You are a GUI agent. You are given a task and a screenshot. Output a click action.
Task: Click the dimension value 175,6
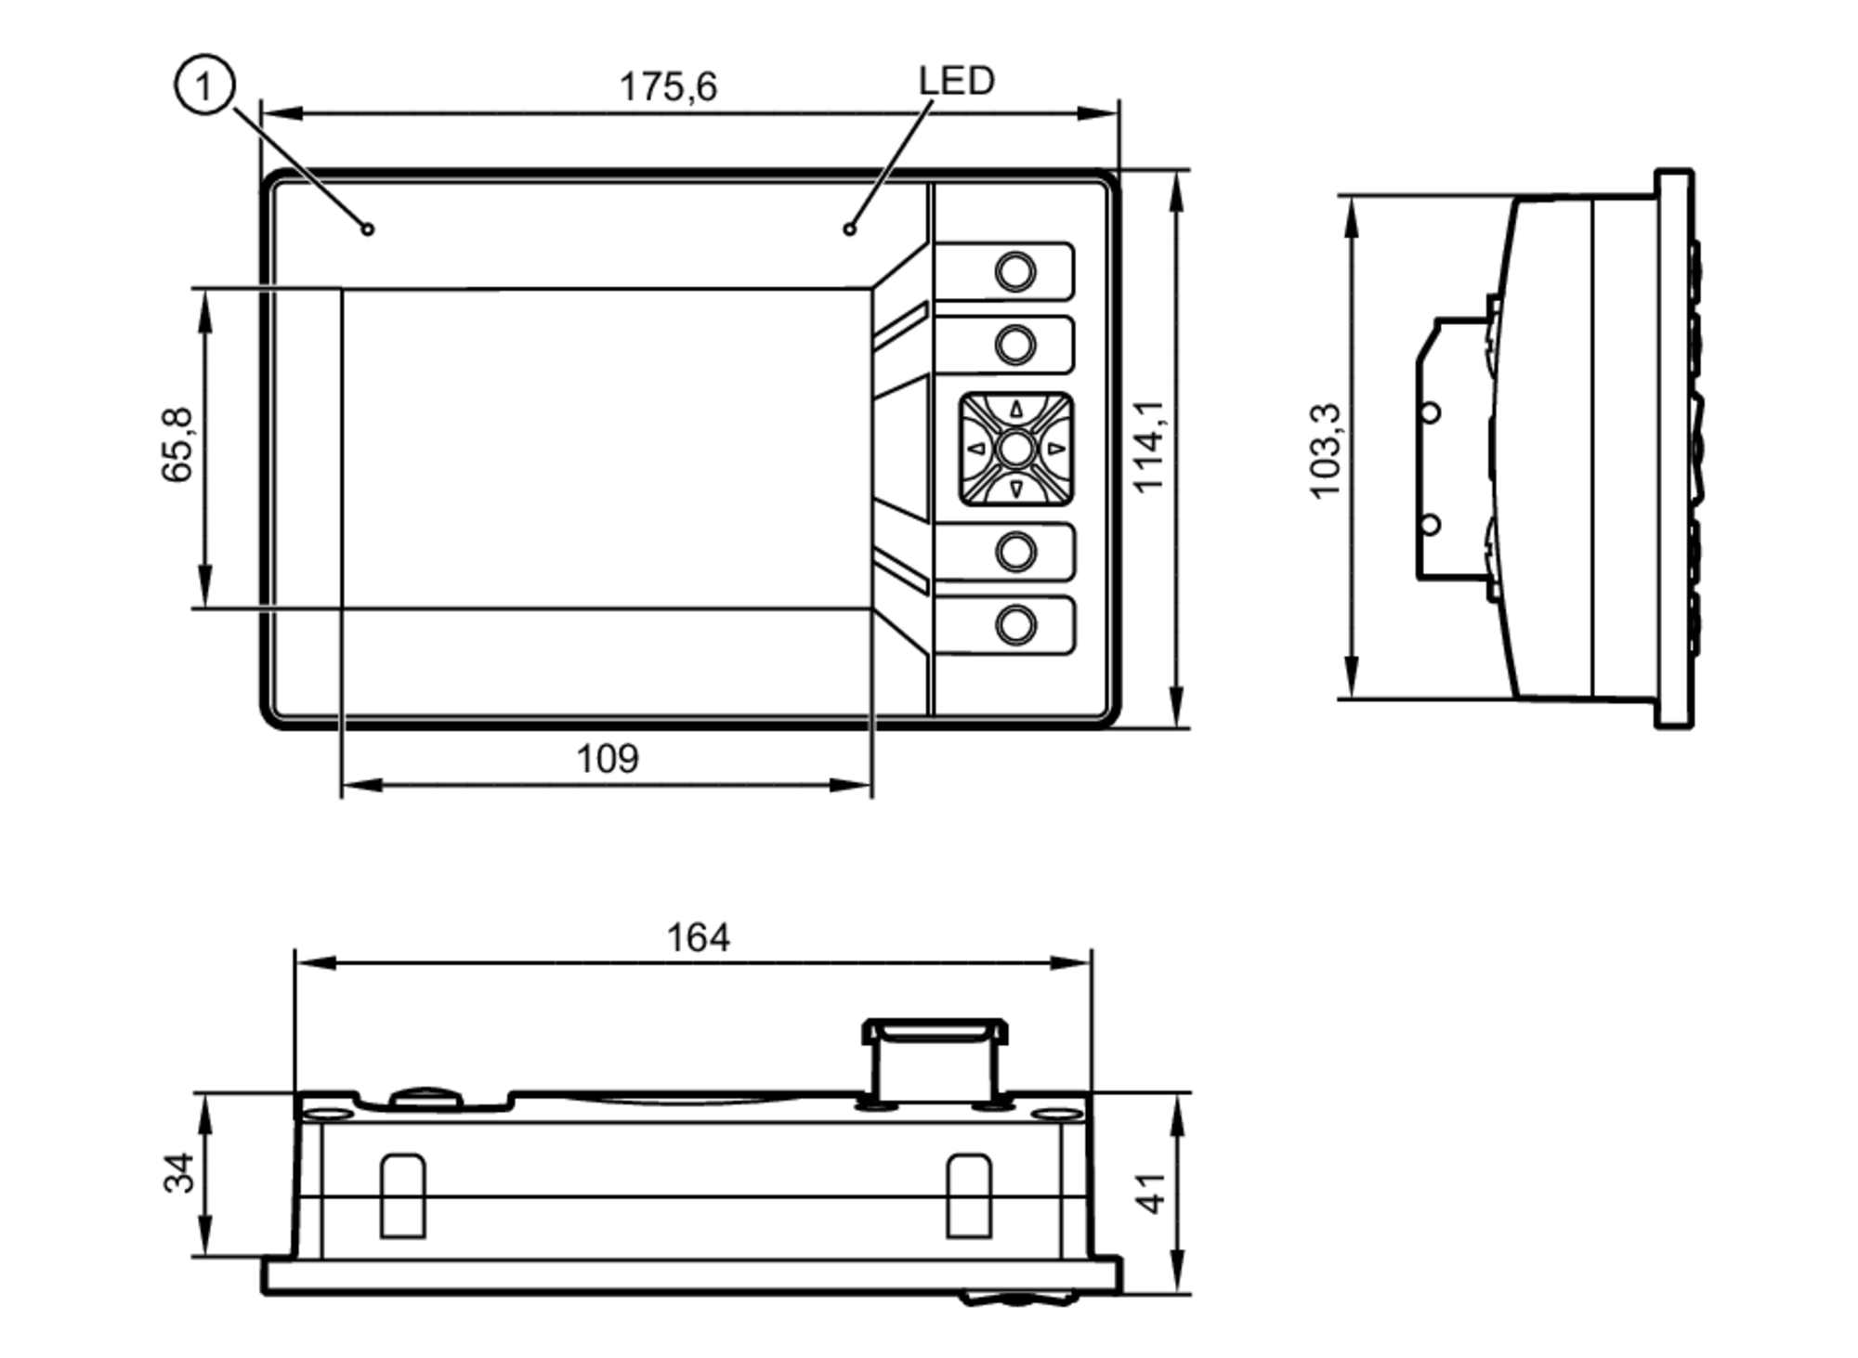[x=668, y=86]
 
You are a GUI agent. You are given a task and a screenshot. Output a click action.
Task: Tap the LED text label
[x=956, y=81]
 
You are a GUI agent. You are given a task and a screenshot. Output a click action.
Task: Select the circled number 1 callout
[x=204, y=85]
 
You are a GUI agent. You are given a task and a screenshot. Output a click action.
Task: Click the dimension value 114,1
[x=1149, y=447]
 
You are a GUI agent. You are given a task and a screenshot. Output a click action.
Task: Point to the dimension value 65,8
[x=177, y=446]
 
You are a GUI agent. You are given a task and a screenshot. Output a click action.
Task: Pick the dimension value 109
[x=608, y=759]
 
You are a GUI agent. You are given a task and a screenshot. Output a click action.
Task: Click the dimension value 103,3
[x=1325, y=452]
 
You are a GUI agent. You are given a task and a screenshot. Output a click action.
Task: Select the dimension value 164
[x=698, y=937]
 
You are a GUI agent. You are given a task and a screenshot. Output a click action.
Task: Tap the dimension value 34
[x=179, y=1172]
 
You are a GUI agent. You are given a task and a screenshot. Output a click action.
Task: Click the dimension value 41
[x=1151, y=1194]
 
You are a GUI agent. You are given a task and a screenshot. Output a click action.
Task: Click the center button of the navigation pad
[x=1015, y=449]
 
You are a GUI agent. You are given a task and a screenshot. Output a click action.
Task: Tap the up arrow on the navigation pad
[x=1016, y=410]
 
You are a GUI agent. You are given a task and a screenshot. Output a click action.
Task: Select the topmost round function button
[x=1015, y=271]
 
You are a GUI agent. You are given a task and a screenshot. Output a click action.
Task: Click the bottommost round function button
[x=1015, y=624]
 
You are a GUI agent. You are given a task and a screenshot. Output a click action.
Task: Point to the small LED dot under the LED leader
[x=849, y=229]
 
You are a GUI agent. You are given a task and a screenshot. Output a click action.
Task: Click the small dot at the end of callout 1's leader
[x=368, y=229]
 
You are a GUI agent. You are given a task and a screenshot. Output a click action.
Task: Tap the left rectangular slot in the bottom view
[x=403, y=1195]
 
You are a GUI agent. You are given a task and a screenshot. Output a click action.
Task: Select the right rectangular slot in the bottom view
[x=968, y=1195]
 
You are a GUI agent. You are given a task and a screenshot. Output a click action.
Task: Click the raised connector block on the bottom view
[x=935, y=1059]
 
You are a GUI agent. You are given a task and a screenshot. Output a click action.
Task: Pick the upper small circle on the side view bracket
[x=1431, y=412]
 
